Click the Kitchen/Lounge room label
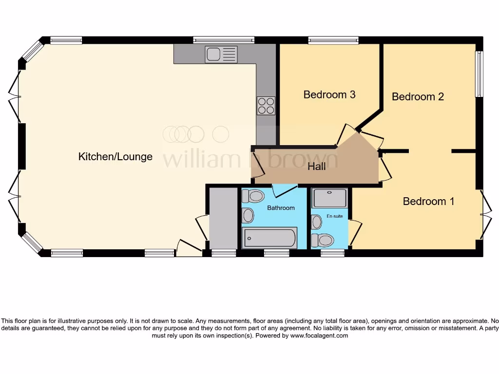[115, 156]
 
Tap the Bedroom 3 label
[329, 94]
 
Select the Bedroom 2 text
[418, 96]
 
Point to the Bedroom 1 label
[428, 201]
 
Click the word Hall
[317, 167]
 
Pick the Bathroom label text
[281, 208]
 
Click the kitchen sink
[221, 55]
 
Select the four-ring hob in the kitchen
[266, 106]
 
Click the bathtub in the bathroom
[270, 238]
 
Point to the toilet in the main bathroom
[253, 196]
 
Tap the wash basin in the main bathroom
[248, 215]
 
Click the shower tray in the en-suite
[330, 198]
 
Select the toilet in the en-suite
[323, 240]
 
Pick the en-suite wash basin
[317, 223]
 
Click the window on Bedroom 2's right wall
[479, 74]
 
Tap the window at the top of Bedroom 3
[333, 40]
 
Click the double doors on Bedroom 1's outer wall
[485, 214]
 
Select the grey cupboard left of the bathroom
[222, 218]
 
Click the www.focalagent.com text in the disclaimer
[319, 336]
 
